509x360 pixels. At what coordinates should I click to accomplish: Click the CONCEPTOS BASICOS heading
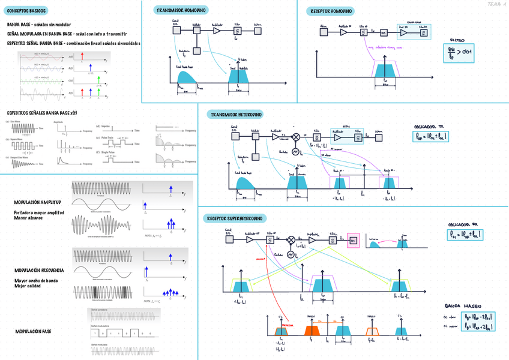tap(25, 11)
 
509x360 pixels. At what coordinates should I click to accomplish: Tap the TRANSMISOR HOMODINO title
tap(180, 11)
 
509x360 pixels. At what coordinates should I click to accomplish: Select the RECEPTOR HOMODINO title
tap(331, 11)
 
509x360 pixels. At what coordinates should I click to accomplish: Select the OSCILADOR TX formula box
tap(433, 137)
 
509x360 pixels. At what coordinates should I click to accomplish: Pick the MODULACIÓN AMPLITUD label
tap(37, 202)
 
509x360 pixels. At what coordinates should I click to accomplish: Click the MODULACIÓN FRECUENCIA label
tap(40, 271)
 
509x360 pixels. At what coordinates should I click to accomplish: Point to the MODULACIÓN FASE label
tap(33, 331)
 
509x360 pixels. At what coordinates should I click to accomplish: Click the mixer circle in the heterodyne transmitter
tap(295, 137)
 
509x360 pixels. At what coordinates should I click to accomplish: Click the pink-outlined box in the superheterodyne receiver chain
tap(354, 240)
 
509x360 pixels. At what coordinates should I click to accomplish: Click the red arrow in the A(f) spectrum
tap(83, 57)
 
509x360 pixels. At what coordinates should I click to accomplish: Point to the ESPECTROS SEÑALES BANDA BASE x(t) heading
tap(43, 112)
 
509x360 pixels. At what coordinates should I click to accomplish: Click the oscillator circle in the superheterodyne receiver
tap(291, 255)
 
